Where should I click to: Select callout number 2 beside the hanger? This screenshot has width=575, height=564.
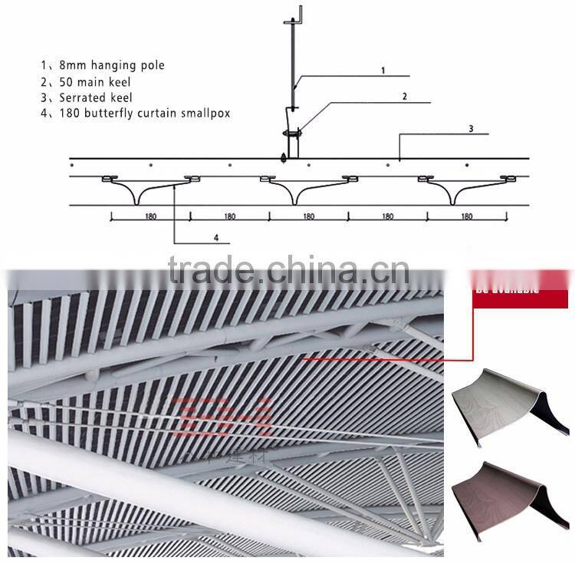[404, 97]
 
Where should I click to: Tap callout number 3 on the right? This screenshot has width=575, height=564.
[471, 128]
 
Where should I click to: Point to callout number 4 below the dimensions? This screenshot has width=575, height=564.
[216, 238]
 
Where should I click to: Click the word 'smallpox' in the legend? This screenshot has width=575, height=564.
[205, 114]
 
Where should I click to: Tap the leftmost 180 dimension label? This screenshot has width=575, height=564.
[150, 216]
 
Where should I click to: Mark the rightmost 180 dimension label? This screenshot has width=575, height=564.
[467, 216]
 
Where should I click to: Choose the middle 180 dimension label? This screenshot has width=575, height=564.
[308, 216]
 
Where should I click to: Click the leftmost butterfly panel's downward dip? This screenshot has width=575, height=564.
[136, 198]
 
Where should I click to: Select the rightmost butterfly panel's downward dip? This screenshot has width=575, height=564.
[453, 198]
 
